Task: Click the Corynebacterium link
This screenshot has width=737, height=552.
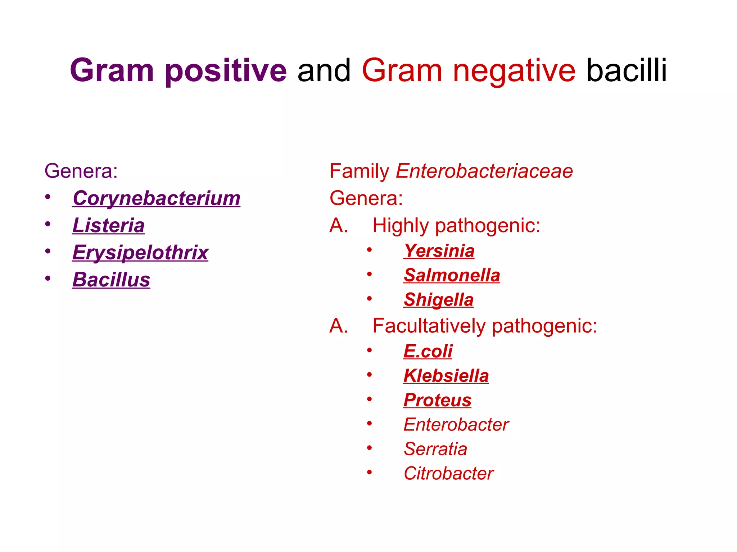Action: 156,198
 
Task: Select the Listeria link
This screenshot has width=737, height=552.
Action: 108,225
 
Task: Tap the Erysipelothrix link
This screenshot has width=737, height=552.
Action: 140,253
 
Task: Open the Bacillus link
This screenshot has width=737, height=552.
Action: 111,280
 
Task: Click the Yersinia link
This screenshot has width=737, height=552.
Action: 439,251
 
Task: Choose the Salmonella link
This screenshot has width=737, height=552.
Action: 452,275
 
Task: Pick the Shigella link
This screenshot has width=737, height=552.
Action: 438,300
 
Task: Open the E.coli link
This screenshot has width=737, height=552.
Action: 428,351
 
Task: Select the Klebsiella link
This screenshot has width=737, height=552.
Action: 446,376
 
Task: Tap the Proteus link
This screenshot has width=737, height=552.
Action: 437,400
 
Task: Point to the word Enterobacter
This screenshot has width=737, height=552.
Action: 456,425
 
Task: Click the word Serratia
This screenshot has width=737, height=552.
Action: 435,449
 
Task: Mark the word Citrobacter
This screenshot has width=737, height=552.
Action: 448,474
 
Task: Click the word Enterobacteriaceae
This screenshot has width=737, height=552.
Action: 484,171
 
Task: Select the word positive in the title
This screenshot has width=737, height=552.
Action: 226,71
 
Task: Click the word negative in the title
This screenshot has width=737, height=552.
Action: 514,71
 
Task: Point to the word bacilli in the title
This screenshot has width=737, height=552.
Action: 627,71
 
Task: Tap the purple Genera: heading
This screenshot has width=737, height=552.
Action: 81,171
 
